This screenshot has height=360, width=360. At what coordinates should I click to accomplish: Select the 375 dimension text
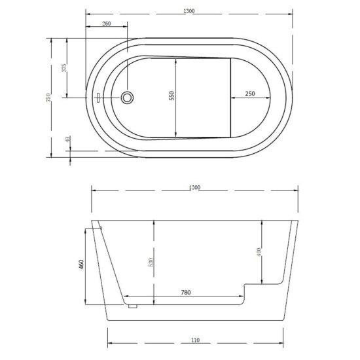[63, 69]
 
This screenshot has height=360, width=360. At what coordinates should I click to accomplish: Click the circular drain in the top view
[128, 98]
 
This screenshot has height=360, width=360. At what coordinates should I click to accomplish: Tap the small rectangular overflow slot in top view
[97, 98]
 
